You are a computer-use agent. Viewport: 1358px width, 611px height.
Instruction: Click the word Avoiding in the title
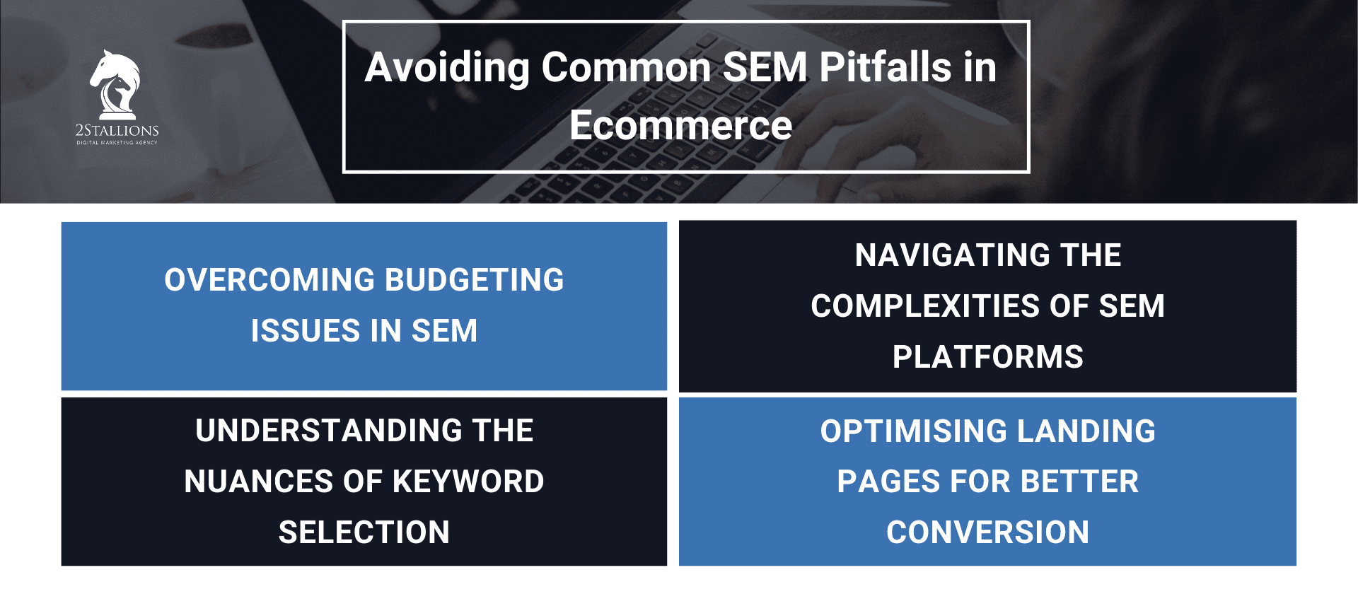(x=447, y=69)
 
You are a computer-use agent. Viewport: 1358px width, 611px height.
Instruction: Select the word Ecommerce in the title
(x=680, y=126)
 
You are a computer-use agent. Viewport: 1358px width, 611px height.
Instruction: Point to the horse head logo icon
(x=115, y=83)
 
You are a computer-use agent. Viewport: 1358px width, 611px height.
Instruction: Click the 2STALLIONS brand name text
(x=117, y=130)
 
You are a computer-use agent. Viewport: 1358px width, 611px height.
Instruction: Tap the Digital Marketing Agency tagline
(x=117, y=143)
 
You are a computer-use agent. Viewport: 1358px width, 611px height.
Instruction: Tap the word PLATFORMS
(x=987, y=357)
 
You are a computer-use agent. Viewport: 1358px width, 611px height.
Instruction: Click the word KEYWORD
(x=468, y=482)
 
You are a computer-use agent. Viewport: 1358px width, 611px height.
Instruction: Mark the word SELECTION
(x=364, y=533)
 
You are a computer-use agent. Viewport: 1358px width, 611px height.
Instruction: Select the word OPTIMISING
(x=913, y=431)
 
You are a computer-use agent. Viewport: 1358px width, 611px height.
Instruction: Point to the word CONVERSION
(x=987, y=533)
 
